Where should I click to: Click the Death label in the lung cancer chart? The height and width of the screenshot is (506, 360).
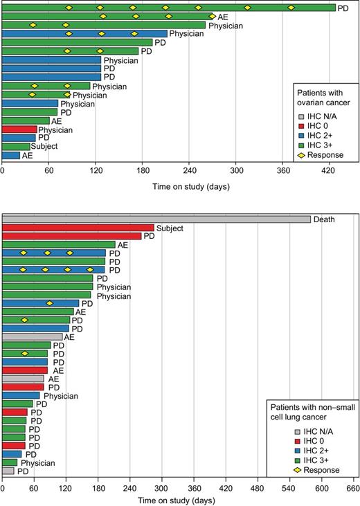tap(324, 220)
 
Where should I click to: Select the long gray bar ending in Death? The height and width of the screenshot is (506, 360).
tap(156, 219)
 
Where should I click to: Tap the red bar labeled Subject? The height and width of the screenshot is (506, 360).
tap(78, 228)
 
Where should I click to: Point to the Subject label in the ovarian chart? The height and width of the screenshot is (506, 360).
tap(44, 147)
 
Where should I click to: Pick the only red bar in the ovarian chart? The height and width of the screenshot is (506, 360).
tap(19, 129)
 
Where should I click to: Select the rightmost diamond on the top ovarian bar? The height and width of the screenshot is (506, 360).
tap(291, 8)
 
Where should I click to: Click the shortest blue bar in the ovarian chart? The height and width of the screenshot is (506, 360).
tap(11, 156)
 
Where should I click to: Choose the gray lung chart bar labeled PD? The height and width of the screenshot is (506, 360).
tap(8, 471)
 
